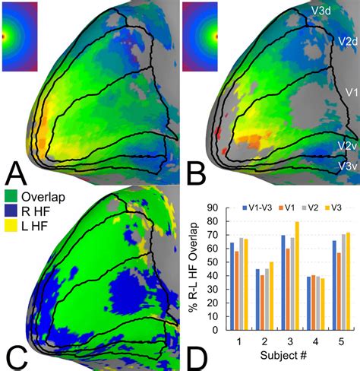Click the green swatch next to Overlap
tap(11, 196)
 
